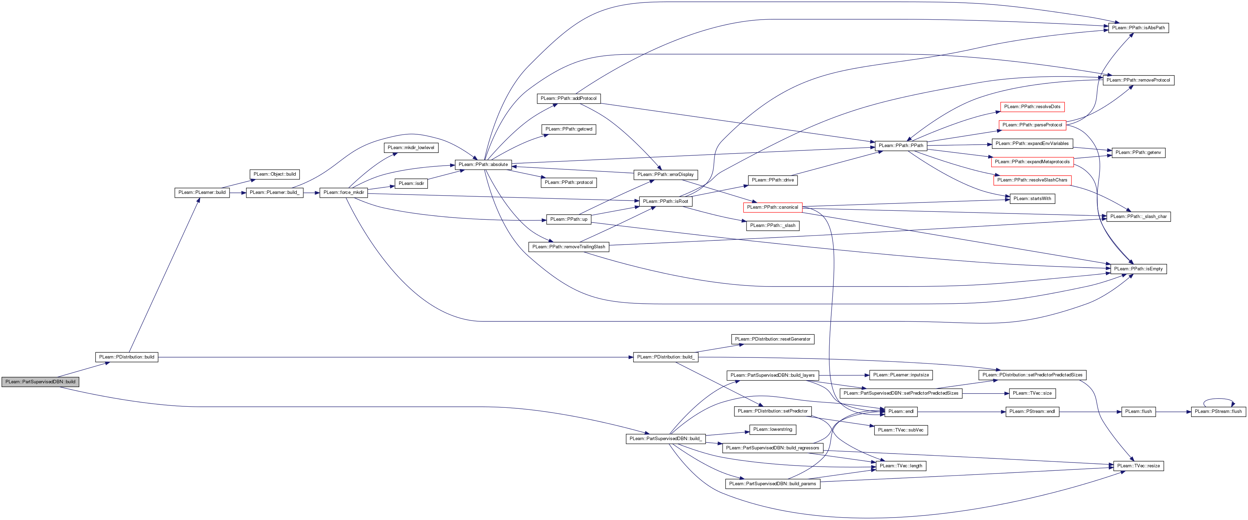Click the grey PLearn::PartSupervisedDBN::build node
point(40,382)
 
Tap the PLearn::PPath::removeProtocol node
point(1138,80)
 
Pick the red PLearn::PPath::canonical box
point(773,207)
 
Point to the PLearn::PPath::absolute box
point(483,165)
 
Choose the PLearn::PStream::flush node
point(1218,412)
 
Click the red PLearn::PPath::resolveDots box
point(1032,106)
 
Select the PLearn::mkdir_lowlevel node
point(411,148)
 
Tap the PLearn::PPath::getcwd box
point(569,129)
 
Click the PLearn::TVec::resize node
point(1138,466)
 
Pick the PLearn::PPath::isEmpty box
point(1138,269)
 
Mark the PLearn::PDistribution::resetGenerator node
point(773,339)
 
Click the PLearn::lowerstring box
point(773,429)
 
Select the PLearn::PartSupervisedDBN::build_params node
point(773,484)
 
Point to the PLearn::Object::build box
point(275,174)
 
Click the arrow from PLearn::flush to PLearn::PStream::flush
point(1174,412)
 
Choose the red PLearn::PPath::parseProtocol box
point(1032,125)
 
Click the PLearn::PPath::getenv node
point(1138,153)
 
